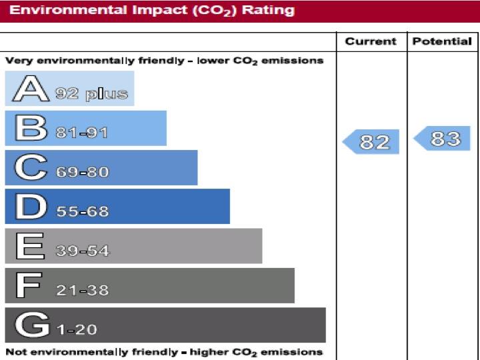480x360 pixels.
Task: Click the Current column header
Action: coord(371,41)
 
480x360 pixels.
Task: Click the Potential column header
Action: coord(442,41)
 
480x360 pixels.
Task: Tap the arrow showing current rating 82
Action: coord(372,142)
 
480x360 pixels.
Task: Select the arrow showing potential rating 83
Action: coord(443,139)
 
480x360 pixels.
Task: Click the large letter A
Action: coord(30,89)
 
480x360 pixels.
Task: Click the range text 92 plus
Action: coord(91,94)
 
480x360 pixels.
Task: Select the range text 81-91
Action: coord(82,133)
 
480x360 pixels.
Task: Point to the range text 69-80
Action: coord(82,172)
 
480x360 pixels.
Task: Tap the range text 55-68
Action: coord(82,212)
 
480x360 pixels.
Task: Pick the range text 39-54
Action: coord(82,251)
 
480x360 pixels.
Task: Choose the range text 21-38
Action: coord(82,291)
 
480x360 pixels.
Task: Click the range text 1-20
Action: coord(77,329)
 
